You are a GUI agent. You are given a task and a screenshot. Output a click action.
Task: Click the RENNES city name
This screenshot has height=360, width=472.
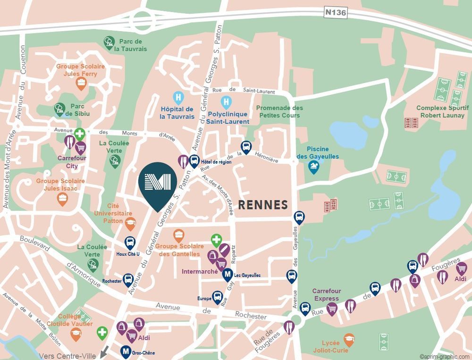[x=263, y=205]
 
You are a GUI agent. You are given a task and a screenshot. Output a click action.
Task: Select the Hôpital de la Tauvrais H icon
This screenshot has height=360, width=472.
[x=178, y=98]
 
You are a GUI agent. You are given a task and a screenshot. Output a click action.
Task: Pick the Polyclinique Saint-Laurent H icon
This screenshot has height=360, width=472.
[x=227, y=101]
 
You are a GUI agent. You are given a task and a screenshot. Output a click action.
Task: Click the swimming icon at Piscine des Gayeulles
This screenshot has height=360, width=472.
[x=313, y=166]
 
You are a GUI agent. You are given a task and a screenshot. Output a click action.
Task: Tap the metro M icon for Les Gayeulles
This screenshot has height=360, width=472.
[x=228, y=274]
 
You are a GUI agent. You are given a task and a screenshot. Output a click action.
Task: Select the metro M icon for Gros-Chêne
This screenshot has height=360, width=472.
[x=126, y=351]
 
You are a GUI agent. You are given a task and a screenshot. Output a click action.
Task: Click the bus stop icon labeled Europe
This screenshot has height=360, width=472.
[x=218, y=297]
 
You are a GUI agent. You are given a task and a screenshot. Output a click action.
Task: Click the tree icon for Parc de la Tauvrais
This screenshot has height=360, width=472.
[x=109, y=42]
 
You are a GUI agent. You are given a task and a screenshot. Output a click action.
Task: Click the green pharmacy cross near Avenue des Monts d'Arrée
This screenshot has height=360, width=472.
[x=79, y=134]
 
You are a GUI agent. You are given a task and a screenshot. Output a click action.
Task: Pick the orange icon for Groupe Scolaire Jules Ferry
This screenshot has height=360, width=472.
[x=81, y=84]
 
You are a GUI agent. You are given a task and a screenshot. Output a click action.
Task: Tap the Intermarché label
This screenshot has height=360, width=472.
[x=200, y=272]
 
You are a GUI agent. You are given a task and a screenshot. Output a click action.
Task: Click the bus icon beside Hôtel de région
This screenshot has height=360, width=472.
[x=194, y=161]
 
